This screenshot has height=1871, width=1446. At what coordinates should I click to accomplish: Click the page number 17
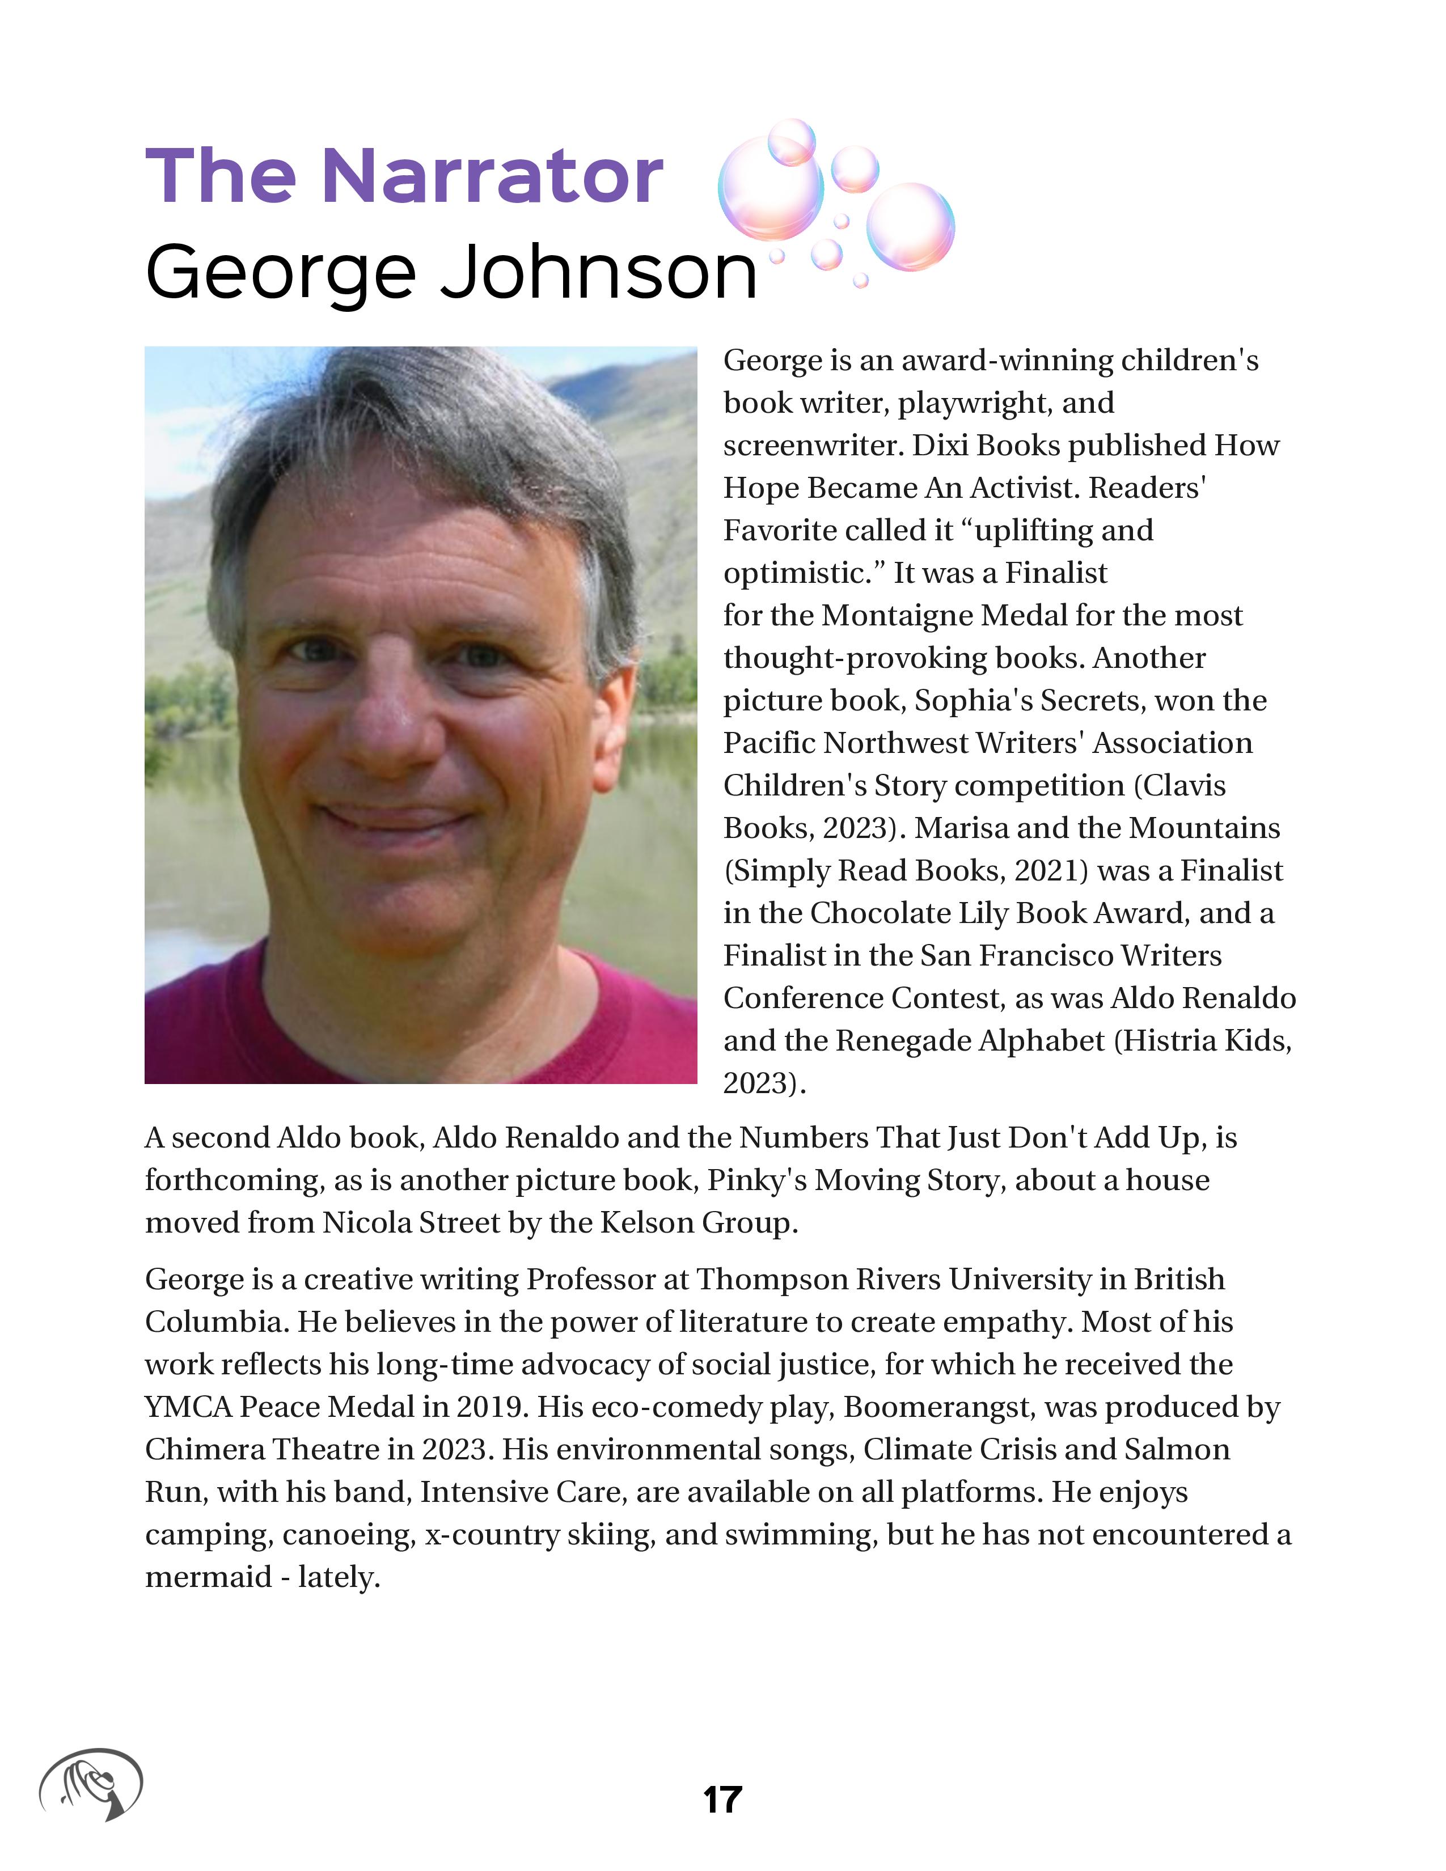tap(722, 1798)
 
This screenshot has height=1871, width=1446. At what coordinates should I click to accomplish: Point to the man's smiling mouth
tap(394, 818)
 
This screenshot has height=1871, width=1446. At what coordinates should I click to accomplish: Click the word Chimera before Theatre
tap(204, 1450)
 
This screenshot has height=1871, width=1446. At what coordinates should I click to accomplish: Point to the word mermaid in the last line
tap(208, 1577)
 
